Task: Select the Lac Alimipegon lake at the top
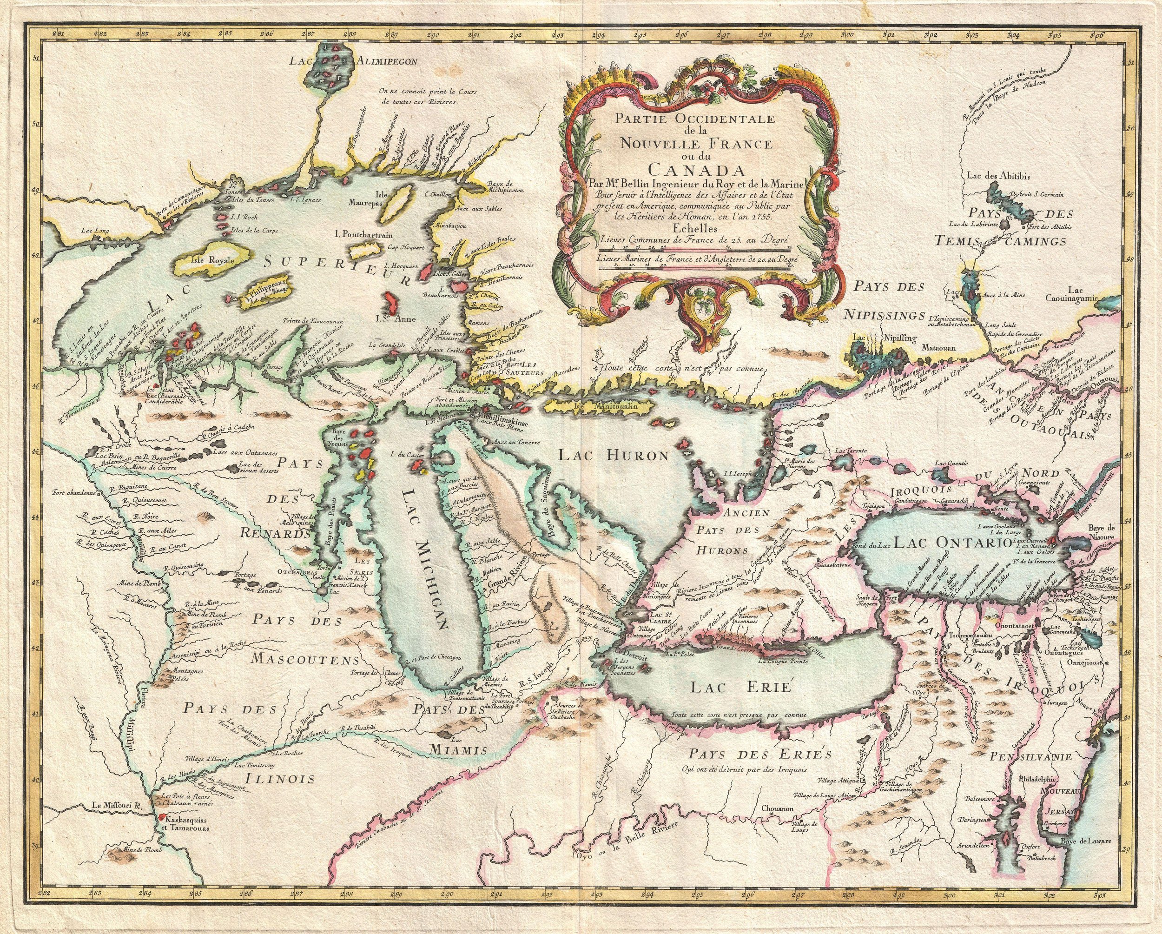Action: [x=334, y=70]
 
